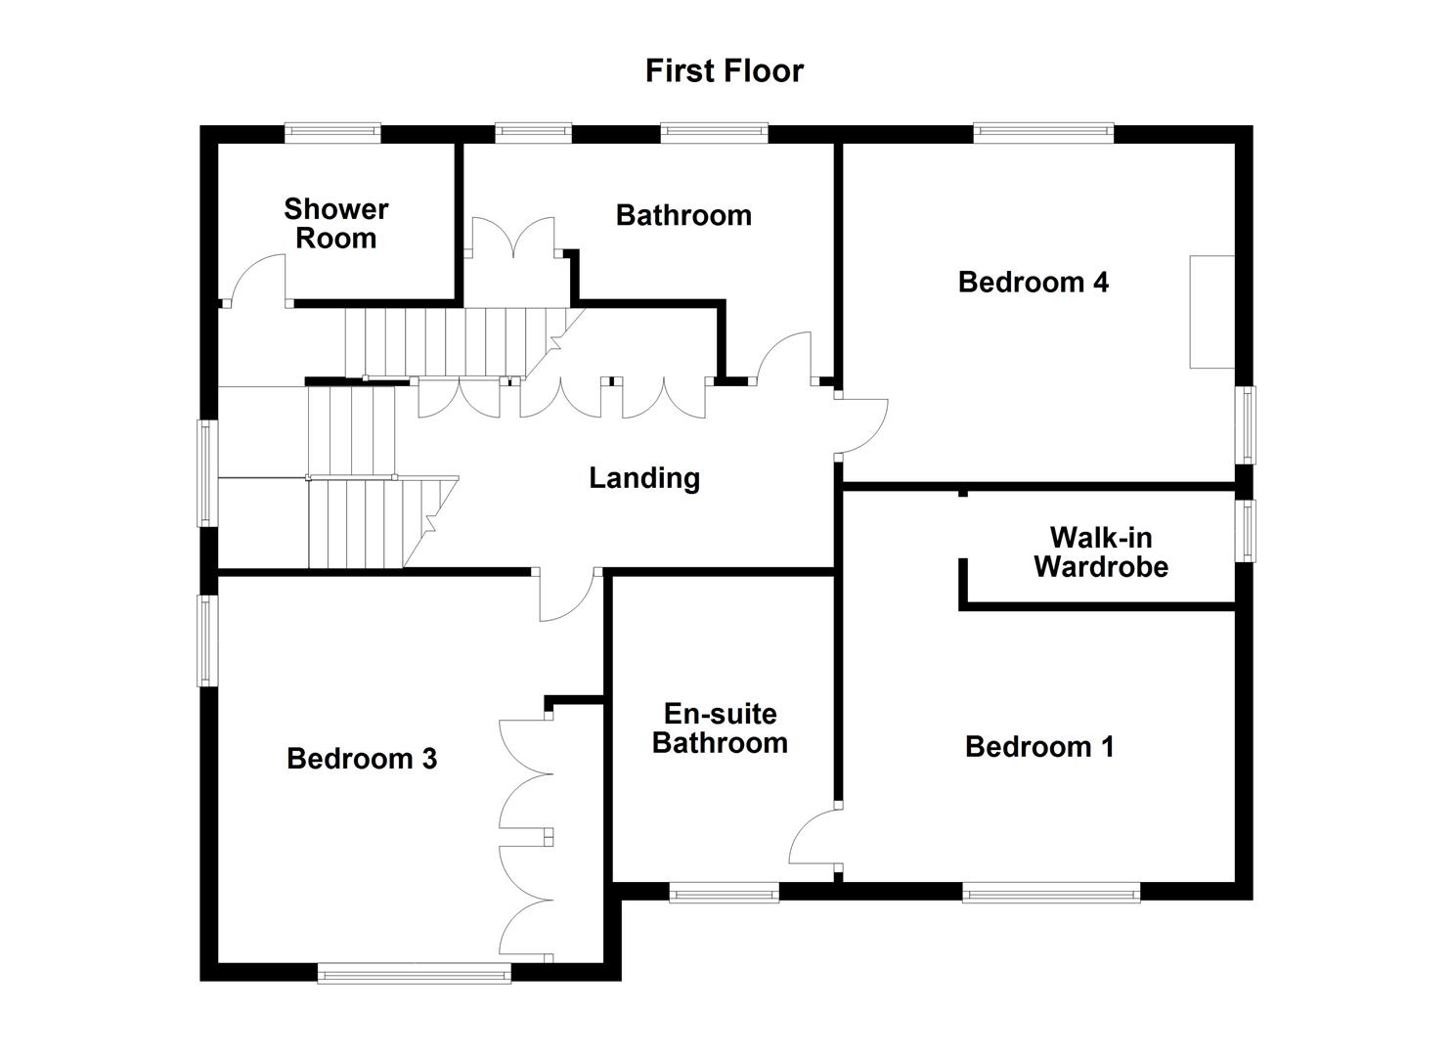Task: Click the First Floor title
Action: point(724,70)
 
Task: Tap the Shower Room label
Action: point(335,224)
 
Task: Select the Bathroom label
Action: point(683,215)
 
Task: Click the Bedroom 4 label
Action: point(1033,283)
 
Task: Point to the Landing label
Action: point(644,478)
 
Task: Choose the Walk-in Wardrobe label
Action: point(1100,552)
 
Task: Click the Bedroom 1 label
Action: point(1038,747)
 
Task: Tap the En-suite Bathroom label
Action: point(720,728)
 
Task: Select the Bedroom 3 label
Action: point(362,759)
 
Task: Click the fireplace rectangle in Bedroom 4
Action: point(1211,312)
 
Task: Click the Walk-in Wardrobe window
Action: point(1245,531)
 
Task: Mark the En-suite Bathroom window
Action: point(724,891)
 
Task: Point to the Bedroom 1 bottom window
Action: point(1051,891)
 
